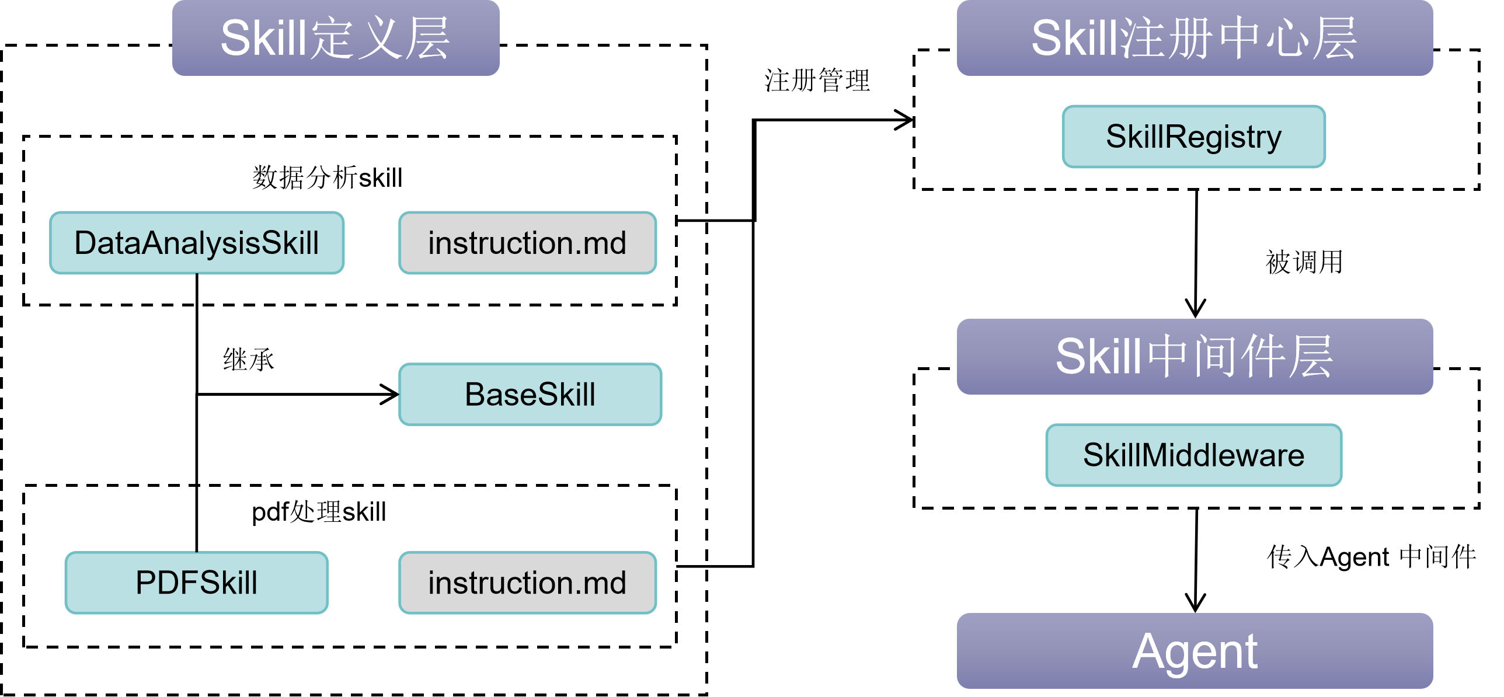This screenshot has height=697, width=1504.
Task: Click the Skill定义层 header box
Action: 336,38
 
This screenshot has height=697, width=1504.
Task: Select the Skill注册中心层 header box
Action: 1195,38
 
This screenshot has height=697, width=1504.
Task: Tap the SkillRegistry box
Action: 1193,137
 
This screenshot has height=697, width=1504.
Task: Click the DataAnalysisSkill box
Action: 197,243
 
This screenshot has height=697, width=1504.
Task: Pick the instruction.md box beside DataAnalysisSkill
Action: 527,243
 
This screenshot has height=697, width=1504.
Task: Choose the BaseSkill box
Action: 530,395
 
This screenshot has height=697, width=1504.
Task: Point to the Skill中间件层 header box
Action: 1195,357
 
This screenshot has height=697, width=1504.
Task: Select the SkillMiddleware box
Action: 1193,455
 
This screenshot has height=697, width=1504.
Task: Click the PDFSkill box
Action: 197,583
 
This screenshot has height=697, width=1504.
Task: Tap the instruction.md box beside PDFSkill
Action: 527,583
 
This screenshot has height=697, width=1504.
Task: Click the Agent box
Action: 1195,651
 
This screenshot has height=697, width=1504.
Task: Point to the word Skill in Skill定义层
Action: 263,39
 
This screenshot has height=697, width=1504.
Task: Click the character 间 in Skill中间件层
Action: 1216,357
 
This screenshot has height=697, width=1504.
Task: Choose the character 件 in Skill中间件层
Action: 1263,357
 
